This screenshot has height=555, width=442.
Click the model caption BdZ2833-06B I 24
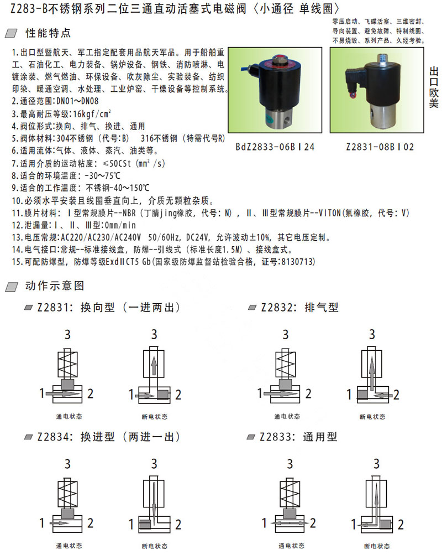point(275,147)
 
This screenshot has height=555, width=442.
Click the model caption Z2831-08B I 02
point(380,147)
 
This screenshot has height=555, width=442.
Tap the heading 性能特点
point(48,33)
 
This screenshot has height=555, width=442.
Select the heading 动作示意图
point(55,286)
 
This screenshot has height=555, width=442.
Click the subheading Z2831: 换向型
point(76,307)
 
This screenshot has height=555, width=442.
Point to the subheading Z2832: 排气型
point(300,307)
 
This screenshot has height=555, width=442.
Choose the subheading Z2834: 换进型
point(76,437)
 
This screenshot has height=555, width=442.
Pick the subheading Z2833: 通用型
point(298,437)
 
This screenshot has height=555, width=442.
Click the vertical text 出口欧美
point(434,87)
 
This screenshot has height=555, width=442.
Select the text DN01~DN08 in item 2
point(77,101)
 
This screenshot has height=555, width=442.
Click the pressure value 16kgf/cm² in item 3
point(92,114)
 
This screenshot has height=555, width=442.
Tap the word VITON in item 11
point(330,212)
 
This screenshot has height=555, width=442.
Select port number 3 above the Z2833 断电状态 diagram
point(377,464)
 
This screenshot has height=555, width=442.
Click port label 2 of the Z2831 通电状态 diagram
point(91,393)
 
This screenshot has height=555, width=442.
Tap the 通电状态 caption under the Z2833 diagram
point(292,546)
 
